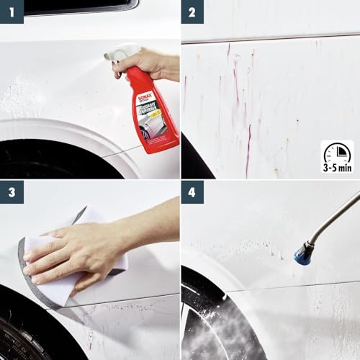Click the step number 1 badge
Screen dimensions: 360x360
[12, 12]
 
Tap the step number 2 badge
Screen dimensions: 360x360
[192, 12]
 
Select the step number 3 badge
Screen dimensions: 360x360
[12, 192]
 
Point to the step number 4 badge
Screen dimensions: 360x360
[192, 192]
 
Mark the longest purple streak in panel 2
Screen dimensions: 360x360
[248, 148]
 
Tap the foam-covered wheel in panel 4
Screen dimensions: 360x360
[209, 324]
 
